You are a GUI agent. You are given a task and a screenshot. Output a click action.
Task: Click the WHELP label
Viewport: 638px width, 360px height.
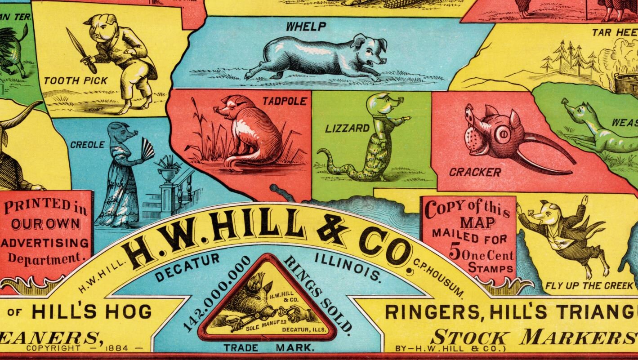coord(306,27)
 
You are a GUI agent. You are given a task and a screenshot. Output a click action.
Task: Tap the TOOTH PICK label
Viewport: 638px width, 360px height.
coord(76,81)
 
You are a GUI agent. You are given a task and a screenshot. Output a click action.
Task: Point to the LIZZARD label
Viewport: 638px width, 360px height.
coord(348,129)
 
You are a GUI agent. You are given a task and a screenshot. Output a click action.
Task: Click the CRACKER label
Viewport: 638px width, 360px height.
coord(475,172)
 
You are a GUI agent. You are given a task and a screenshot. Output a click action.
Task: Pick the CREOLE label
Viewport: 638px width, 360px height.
coord(87,145)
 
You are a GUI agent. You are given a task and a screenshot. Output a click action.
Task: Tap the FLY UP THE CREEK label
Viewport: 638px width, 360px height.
coord(589,286)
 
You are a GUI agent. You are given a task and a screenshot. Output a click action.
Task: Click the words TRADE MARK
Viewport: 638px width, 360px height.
coord(268,348)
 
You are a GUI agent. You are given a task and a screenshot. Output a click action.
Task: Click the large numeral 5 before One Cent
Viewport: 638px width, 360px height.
coord(455,253)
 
